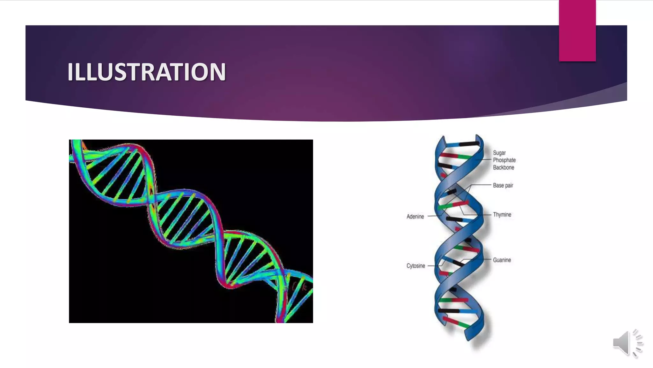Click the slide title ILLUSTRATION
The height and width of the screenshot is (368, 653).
click(x=146, y=72)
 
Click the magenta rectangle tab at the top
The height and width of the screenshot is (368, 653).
click(x=577, y=31)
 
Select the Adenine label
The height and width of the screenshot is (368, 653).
click(x=415, y=217)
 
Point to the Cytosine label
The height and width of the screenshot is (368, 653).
click(x=415, y=266)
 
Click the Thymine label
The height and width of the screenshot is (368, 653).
click(x=502, y=215)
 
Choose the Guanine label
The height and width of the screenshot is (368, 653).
click(x=502, y=260)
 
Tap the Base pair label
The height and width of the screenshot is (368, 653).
click(x=503, y=185)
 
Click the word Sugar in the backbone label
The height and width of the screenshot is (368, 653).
click(x=499, y=153)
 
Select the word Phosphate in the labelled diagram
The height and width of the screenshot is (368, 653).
click(x=504, y=160)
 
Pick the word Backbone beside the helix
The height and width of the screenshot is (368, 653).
click(x=503, y=167)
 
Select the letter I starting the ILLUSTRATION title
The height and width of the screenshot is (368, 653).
click(x=70, y=72)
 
